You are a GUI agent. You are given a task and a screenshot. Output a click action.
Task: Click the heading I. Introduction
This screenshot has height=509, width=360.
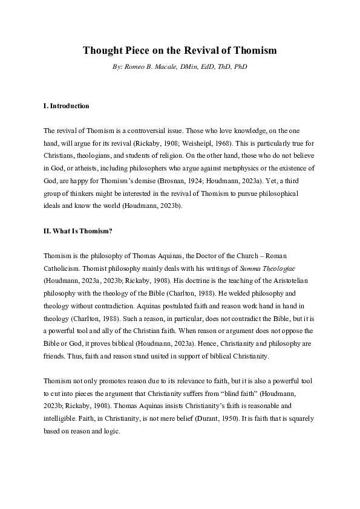(x=67, y=106)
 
